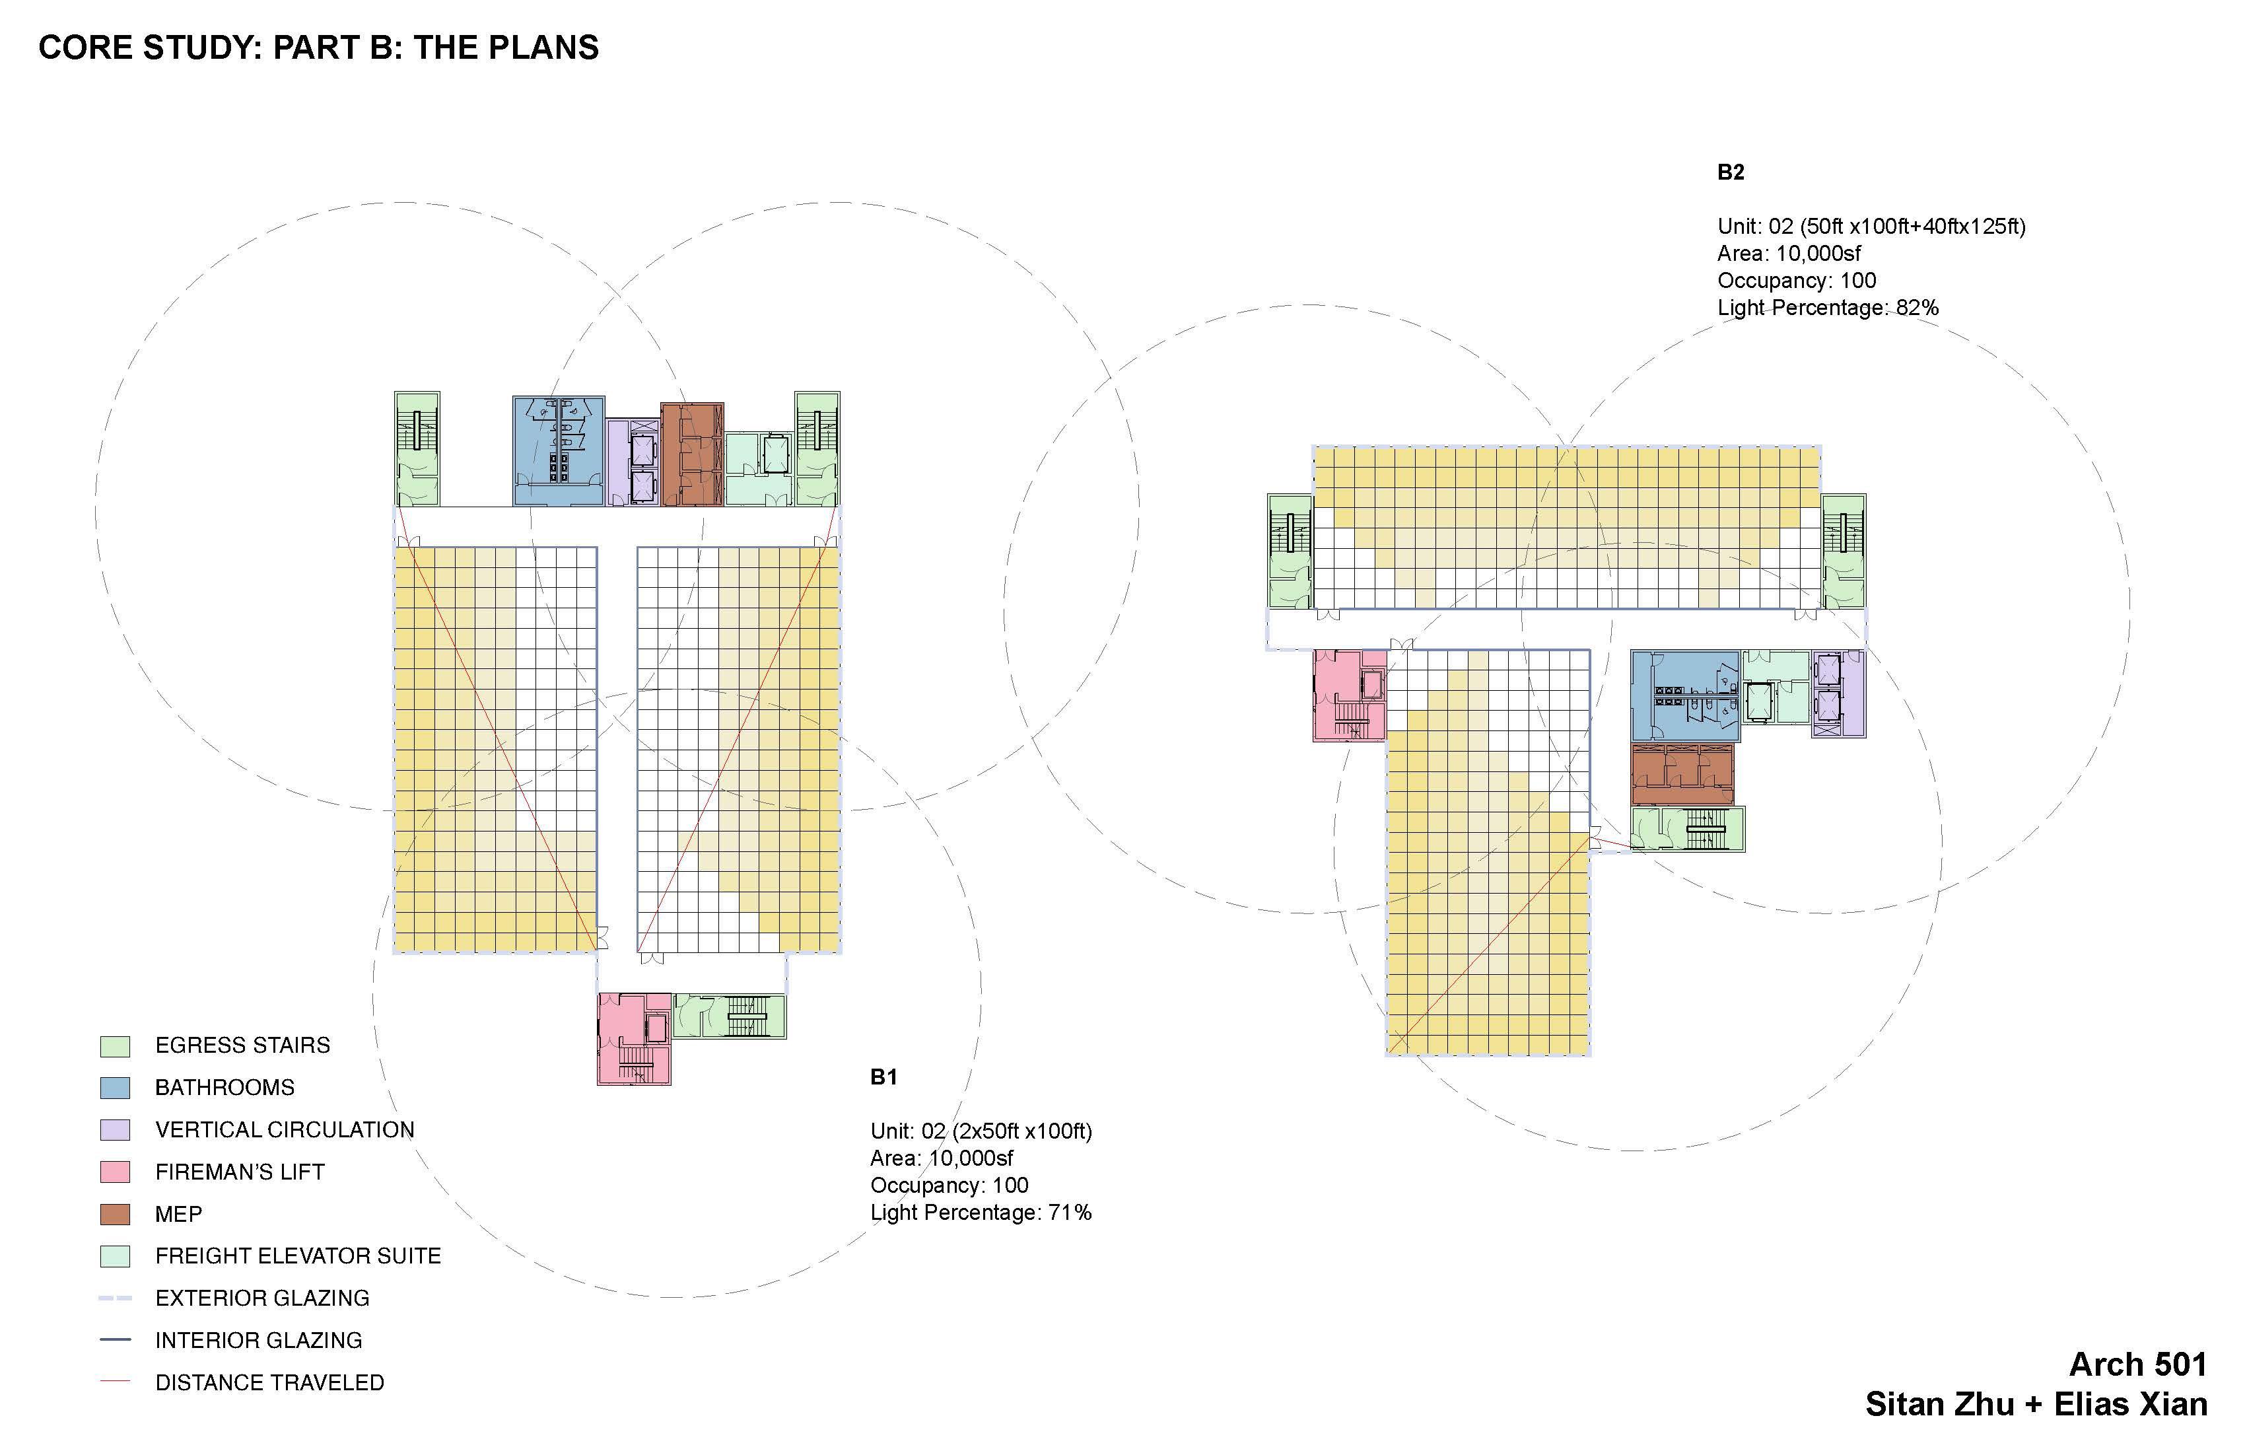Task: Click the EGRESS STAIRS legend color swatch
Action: [114, 1045]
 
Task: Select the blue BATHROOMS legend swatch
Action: [114, 1088]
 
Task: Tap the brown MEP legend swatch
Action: [114, 1215]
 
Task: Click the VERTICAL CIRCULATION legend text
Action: [284, 1129]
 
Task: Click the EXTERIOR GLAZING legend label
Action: [261, 1298]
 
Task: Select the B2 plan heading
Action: [1730, 172]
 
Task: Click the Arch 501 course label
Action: [2137, 1364]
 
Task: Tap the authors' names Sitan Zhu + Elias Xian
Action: [2036, 1404]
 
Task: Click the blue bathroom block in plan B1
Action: [557, 451]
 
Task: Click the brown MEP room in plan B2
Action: [1682, 773]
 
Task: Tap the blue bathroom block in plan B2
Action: [1684, 695]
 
